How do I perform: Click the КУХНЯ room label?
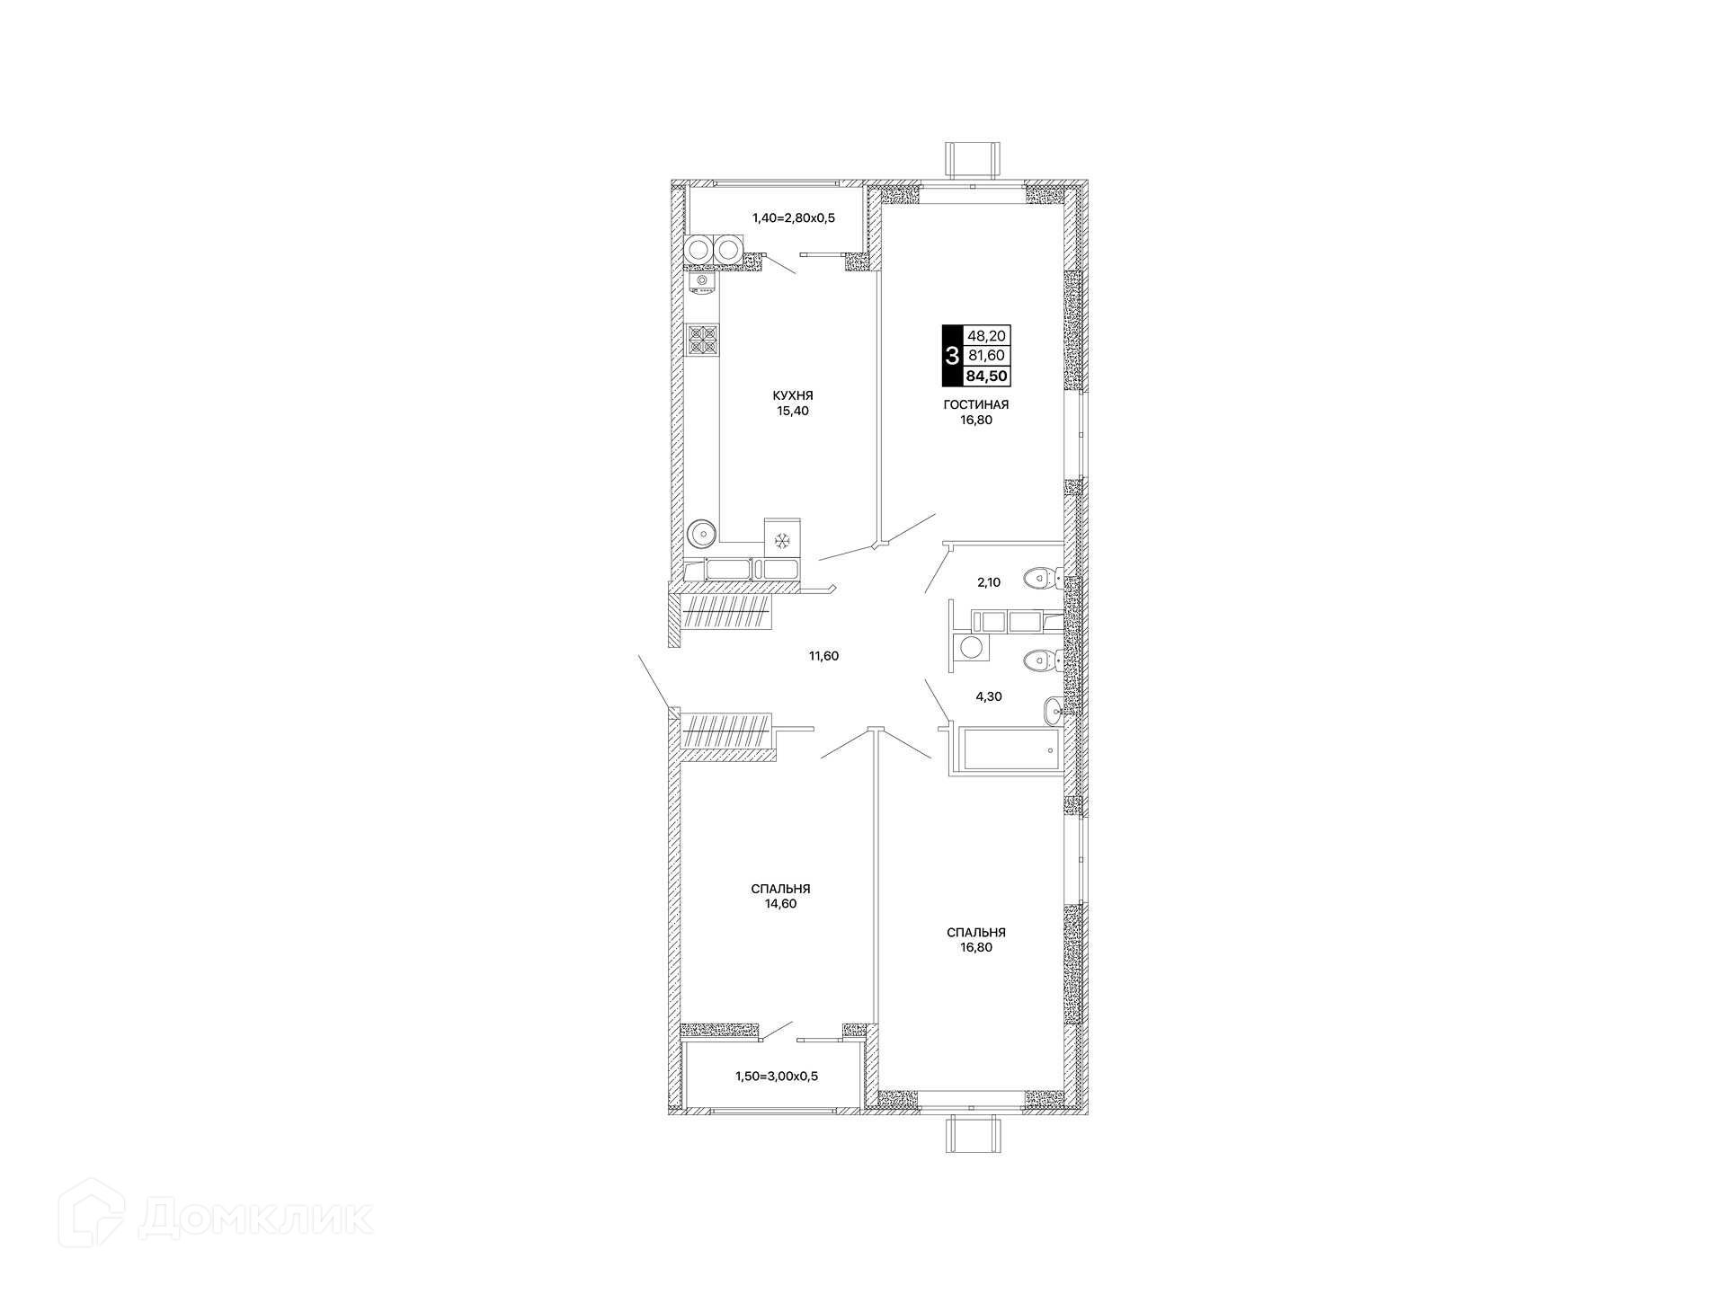[792, 395]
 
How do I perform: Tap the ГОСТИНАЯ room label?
[975, 404]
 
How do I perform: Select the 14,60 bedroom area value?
[780, 904]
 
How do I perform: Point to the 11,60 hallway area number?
[823, 656]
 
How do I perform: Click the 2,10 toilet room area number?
[989, 582]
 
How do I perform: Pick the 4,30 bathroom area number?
[989, 696]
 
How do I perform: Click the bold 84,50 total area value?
[987, 377]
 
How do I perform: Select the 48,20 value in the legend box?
[987, 336]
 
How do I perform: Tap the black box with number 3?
[952, 356]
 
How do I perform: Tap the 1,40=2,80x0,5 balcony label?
[794, 217]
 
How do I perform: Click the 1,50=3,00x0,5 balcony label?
[777, 1076]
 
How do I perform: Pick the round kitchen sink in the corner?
[701, 533]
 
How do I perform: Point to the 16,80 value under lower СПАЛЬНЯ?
[975, 947]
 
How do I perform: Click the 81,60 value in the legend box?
[987, 356]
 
